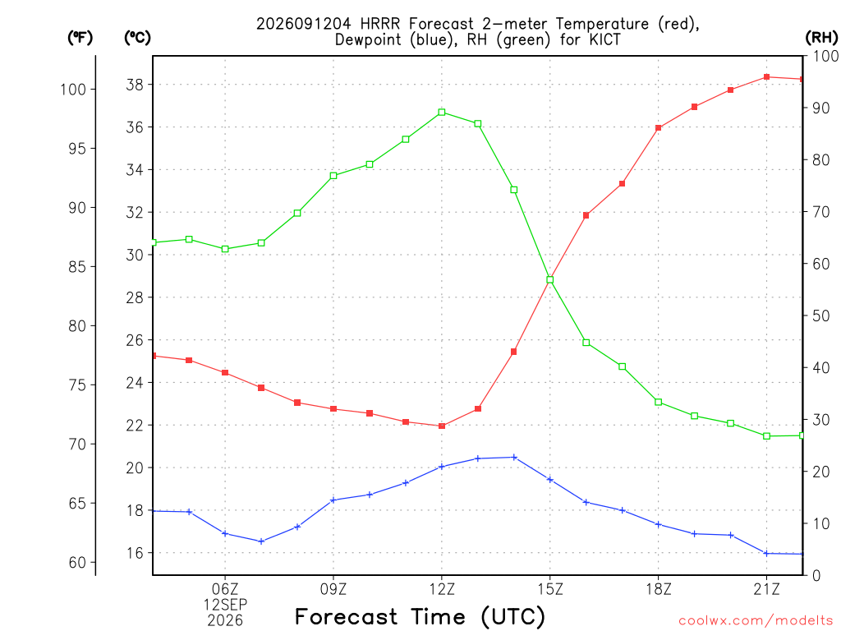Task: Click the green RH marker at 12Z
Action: coord(441,112)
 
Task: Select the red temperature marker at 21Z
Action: coord(766,76)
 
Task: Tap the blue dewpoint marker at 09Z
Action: coord(333,500)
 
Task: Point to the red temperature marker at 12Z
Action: coord(441,426)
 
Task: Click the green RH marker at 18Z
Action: coord(658,402)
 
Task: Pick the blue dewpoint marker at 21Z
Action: coord(766,553)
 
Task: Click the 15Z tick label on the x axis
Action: coord(549,589)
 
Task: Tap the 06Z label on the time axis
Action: coord(225,589)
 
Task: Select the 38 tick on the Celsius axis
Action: coord(135,85)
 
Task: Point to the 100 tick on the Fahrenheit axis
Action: coord(73,89)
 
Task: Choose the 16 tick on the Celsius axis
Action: coord(135,553)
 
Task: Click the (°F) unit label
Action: coord(80,38)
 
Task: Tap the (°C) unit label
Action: coord(137,38)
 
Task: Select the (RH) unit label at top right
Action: coord(821,38)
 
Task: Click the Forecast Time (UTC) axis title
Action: coord(420,616)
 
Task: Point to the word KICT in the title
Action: coord(604,39)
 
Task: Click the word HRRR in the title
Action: coord(379,24)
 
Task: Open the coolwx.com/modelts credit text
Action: coord(756,621)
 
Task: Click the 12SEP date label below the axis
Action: coord(225,605)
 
